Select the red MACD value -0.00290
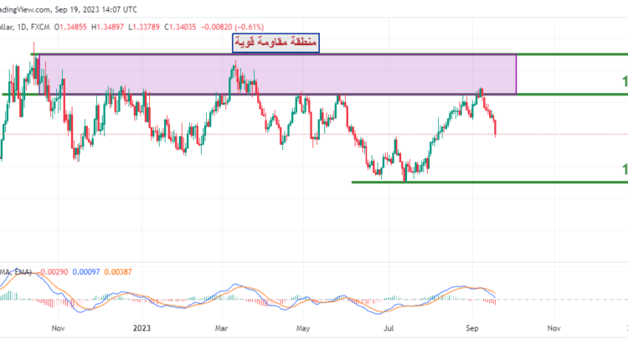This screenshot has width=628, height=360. coord(52,271)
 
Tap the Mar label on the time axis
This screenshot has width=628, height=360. coord(222,329)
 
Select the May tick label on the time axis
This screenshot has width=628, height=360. coord(303,329)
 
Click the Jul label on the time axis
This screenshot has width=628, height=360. coord(388,329)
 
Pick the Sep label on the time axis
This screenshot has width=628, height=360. coord(472,329)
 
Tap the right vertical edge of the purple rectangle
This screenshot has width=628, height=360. coord(517,74)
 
